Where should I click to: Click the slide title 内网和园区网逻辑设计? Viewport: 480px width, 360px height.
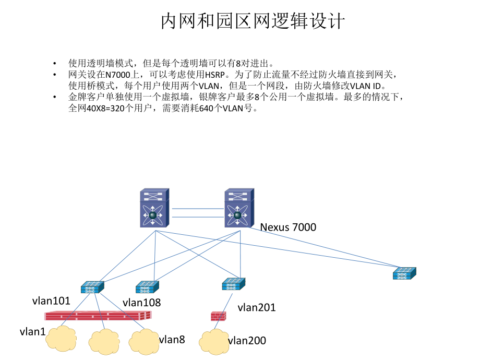[253, 21]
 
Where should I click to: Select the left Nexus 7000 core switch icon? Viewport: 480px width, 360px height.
[153, 209]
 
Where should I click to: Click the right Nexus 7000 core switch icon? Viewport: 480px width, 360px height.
[238, 209]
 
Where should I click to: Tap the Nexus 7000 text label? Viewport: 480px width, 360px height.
[288, 227]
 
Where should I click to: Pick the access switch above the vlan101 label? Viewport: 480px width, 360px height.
[92, 287]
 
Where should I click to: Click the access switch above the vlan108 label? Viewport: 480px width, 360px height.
[147, 286]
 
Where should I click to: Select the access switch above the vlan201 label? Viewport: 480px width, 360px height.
[233, 284]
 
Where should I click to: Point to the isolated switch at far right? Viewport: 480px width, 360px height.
[404, 273]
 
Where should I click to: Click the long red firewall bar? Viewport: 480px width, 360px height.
[98, 315]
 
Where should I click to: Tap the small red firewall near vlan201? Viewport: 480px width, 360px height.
[218, 316]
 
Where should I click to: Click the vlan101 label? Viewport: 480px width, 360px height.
[51, 301]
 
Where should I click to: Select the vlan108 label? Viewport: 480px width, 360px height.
[141, 302]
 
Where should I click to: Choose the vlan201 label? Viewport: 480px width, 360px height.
[256, 307]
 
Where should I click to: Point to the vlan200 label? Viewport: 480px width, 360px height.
[247, 341]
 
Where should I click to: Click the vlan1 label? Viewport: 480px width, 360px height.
[32, 331]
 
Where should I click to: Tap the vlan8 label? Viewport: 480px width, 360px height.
[172, 339]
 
